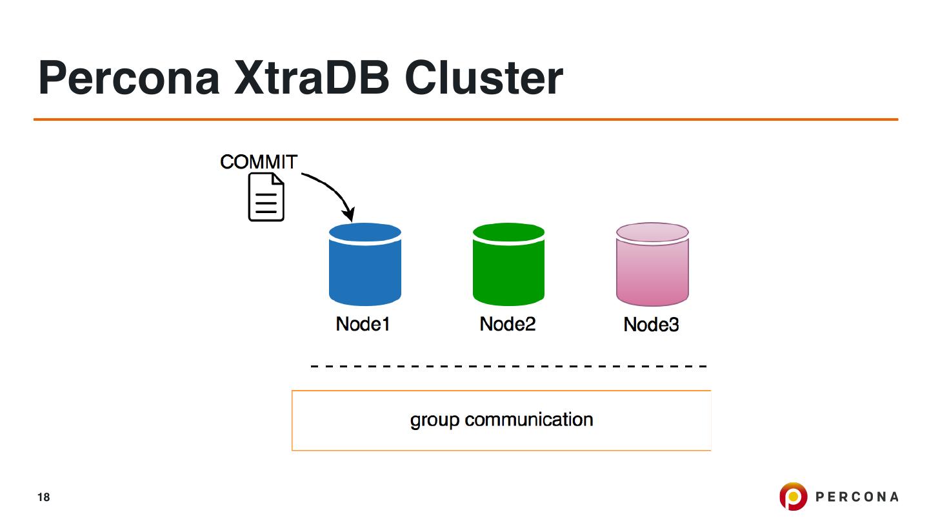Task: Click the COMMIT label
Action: tap(258, 161)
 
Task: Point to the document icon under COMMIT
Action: tap(266, 197)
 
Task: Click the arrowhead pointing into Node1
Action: tap(349, 214)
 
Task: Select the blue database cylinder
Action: tap(365, 271)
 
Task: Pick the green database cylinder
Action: tap(508, 271)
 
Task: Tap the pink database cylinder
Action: tap(652, 271)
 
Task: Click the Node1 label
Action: tap(363, 323)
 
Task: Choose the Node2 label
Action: tap(508, 323)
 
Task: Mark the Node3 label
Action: tap(651, 324)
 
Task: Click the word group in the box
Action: tap(435, 420)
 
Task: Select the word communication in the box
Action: tap(529, 420)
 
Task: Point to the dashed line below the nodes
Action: tap(508, 366)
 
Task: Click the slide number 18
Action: tap(43, 497)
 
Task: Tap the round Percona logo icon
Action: tap(794, 497)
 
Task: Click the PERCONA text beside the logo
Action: tap(857, 497)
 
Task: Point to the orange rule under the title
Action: tap(465, 119)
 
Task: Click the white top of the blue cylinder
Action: tap(365, 232)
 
